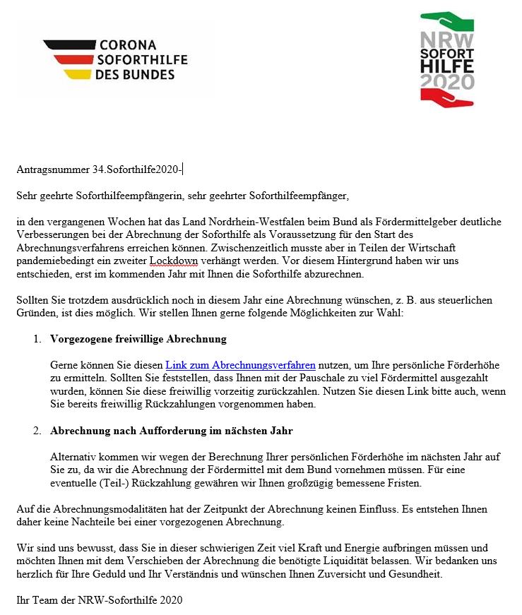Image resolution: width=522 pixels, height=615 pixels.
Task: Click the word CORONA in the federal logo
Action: click(x=133, y=44)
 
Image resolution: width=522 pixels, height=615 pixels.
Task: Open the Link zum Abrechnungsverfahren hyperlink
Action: click(x=240, y=365)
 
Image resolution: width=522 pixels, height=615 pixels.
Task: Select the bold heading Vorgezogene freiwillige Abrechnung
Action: click(x=138, y=339)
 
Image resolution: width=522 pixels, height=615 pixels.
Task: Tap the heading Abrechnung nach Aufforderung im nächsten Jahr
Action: click(x=172, y=431)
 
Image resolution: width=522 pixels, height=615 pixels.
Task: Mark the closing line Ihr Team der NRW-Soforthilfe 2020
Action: click(x=99, y=601)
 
